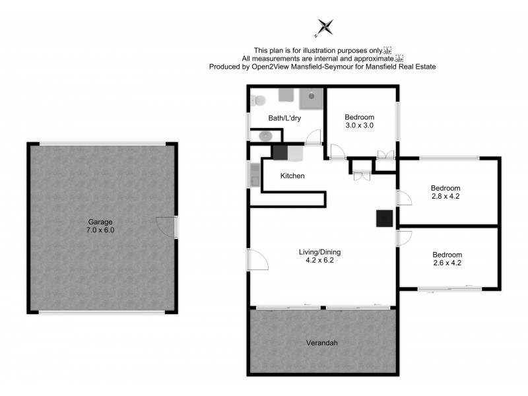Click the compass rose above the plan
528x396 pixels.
click(x=325, y=27)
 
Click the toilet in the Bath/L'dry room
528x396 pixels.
click(x=257, y=100)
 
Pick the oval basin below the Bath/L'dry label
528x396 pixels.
click(x=265, y=136)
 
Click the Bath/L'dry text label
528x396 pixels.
click(x=284, y=119)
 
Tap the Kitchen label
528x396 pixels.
click(x=292, y=176)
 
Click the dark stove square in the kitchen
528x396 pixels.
click(x=280, y=152)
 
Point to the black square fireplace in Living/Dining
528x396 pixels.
click(x=384, y=219)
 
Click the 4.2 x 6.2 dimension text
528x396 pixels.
click(x=319, y=261)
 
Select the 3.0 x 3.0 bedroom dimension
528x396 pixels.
click(x=360, y=125)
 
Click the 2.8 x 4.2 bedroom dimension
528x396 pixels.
click(x=445, y=196)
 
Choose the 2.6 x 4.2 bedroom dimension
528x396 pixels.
click(x=447, y=263)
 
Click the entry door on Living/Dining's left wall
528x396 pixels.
click(x=258, y=259)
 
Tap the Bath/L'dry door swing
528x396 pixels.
click(x=314, y=137)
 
